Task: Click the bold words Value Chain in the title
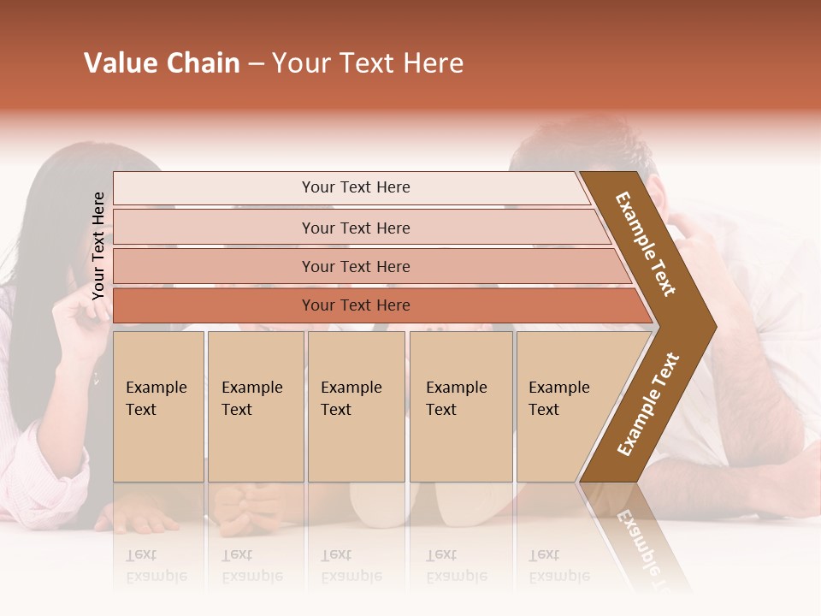pyautogui.click(x=162, y=63)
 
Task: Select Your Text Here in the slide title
pyautogui.click(x=368, y=63)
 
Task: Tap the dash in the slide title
pyautogui.click(x=256, y=64)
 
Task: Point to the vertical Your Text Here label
pyautogui.click(x=98, y=246)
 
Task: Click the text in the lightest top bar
pyautogui.click(x=356, y=187)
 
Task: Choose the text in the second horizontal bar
pyautogui.click(x=356, y=228)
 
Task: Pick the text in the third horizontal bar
pyautogui.click(x=356, y=267)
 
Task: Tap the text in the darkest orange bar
pyautogui.click(x=356, y=305)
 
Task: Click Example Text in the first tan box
pyautogui.click(x=156, y=399)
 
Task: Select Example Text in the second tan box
pyautogui.click(x=251, y=399)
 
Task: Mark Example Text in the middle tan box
pyautogui.click(x=351, y=399)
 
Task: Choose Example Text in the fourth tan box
pyautogui.click(x=456, y=399)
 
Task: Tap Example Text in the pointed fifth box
pyautogui.click(x=558, y=399)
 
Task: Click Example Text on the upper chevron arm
pyautogui.click(x=646, y=244)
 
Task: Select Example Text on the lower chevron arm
pyautogui.click(x=648, y=404)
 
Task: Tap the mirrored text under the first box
pyautogui.click(x=156, y=565)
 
